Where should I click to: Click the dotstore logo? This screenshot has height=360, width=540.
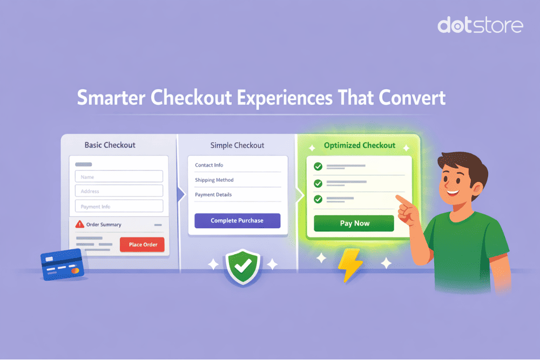coord(480,26)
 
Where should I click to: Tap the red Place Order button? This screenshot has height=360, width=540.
coord(143,244)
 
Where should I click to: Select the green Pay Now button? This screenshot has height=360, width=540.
coord(354,223)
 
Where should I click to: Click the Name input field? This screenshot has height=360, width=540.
coord(119,176)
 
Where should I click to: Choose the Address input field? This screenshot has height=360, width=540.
coord(119,191)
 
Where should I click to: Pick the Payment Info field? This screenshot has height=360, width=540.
coord(119,206)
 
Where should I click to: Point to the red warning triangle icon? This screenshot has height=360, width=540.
coord(80,224)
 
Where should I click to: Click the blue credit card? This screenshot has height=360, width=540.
coord(62,264)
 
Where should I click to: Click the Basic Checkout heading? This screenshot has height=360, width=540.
coord(110,145)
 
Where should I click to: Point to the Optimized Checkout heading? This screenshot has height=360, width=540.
coord(359,146)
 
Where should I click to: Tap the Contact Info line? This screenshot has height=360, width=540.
coord(209,165)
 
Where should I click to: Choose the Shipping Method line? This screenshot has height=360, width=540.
coord(214,180)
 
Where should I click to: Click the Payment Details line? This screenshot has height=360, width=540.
coord(213,194)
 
